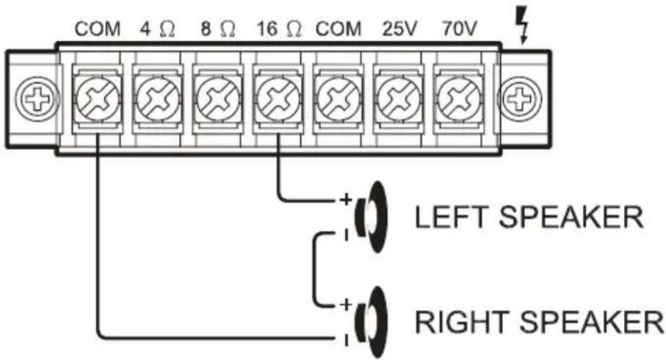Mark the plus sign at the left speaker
[343, 199]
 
